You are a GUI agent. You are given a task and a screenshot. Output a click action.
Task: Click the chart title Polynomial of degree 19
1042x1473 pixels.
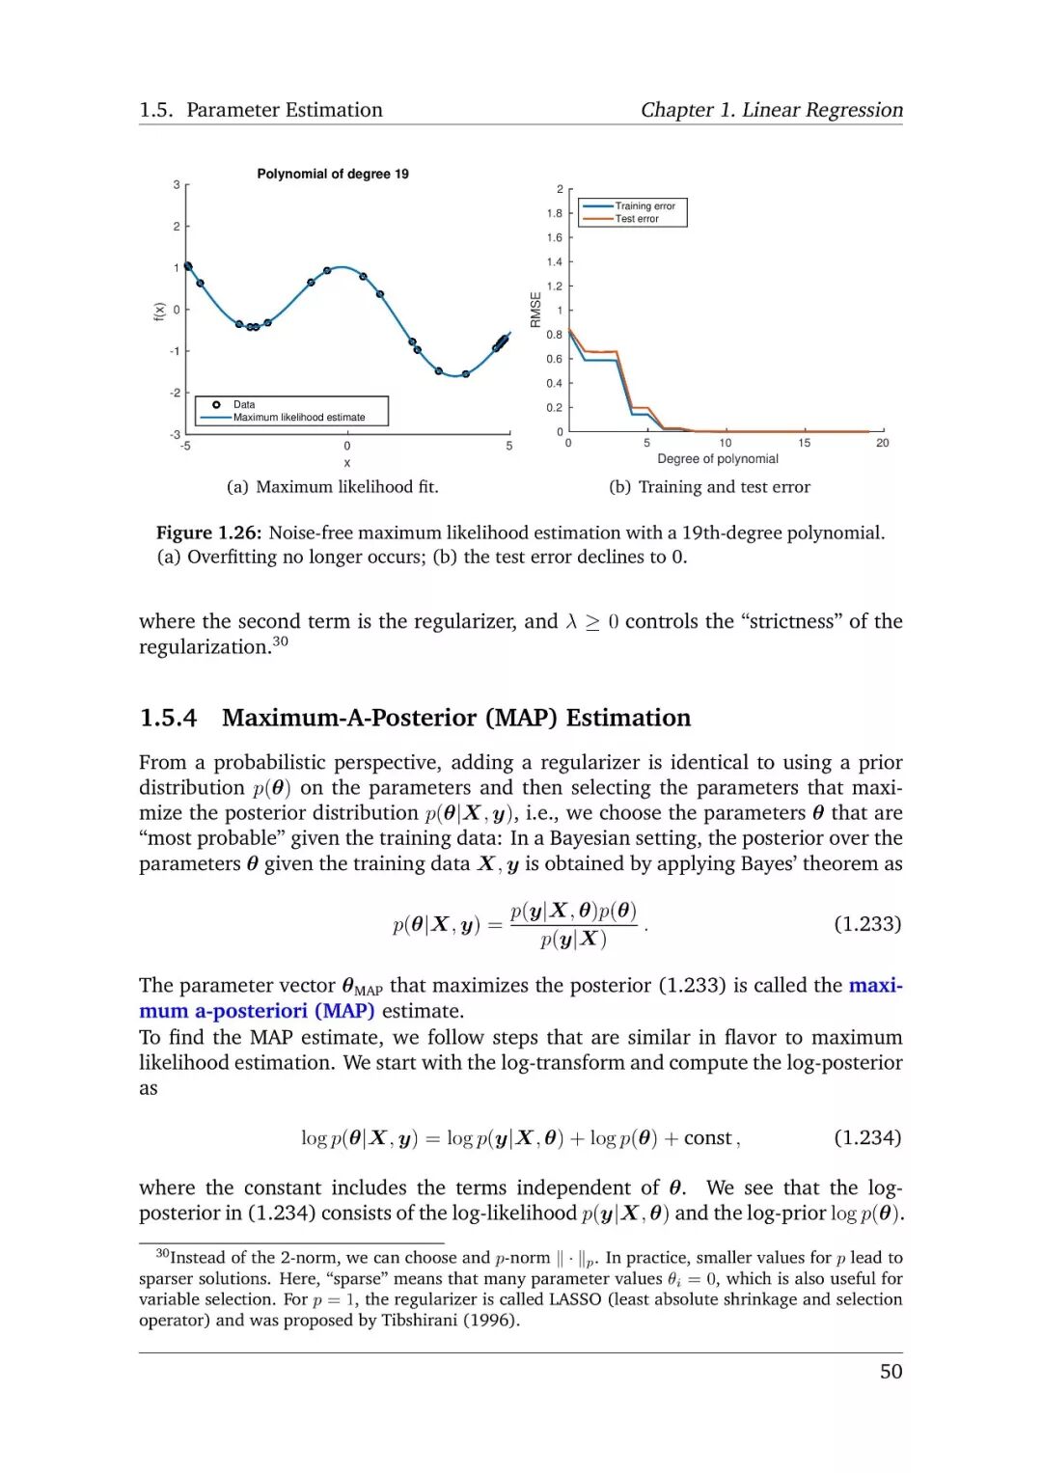coord(333,174)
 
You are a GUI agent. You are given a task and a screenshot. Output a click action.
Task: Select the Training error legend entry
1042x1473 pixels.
coord(644,205)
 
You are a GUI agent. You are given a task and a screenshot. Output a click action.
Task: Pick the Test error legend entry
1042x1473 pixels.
coord(637,219)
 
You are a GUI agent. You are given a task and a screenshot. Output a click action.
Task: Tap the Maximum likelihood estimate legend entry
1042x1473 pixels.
coord(299,418)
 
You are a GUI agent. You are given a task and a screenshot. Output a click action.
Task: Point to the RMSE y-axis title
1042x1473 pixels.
coord(536,310)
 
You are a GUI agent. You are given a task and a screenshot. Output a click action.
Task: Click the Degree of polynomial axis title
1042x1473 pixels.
coord(718,459)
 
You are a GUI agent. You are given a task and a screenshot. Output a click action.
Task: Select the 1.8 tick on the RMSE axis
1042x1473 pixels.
coord(554,213)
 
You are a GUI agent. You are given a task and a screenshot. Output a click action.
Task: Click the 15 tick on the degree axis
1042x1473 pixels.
coord(804,443)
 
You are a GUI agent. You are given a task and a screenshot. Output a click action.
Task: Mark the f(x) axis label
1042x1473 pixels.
coord(159,311)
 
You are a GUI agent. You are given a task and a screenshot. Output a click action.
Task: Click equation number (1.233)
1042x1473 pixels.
coord(867,924)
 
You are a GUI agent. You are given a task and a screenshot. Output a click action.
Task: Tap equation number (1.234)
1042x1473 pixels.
coord(867,1138)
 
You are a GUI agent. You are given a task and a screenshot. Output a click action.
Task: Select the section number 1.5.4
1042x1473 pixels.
coord(168,718)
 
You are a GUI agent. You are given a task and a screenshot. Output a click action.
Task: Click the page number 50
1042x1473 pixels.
coord(891,1372)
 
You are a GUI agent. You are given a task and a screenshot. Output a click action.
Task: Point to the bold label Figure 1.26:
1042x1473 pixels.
coord(209,532)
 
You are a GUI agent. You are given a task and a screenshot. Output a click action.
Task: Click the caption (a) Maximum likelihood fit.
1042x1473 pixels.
coord(333,487)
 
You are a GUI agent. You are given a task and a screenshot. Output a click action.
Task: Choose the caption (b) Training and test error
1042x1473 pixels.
coord(709,487)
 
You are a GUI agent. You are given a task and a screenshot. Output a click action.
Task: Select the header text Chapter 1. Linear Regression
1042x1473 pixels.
coord(772,110)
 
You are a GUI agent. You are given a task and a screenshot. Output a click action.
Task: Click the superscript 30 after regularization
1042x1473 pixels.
coord(280,641)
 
